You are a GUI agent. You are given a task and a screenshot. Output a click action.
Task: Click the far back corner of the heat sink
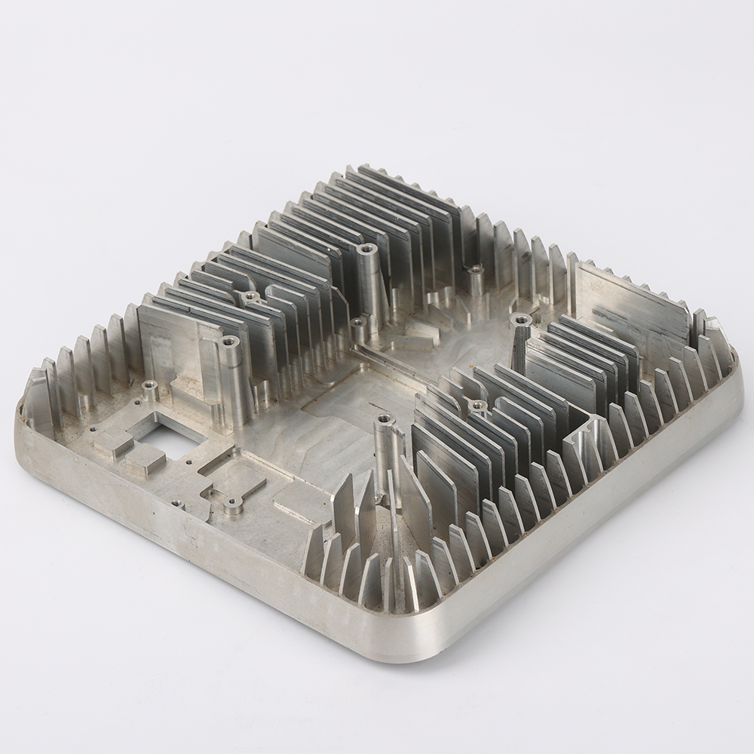coord(362,169)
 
